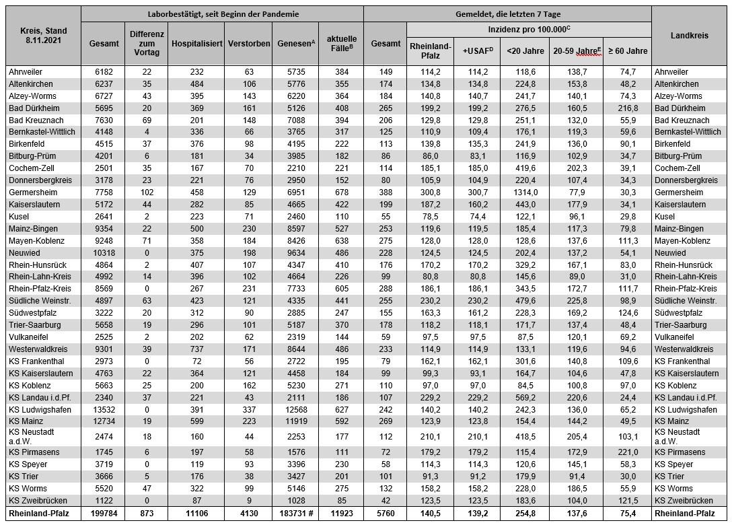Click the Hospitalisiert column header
(x=197, y=42)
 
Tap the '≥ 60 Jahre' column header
(x=627, y=50)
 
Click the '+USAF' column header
(x=477, y=50)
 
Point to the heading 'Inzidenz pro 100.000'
(x=529, y=30)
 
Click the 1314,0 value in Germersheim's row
(x=524, y=192)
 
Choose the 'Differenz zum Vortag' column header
(x=147, y=42)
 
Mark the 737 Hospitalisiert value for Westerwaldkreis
(x=197, y=349)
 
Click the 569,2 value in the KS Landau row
(x=524, y=397)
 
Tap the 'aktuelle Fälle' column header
(x=342, y=42)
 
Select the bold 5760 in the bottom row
(x=385, y=513)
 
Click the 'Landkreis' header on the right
(x=690, y=36)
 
